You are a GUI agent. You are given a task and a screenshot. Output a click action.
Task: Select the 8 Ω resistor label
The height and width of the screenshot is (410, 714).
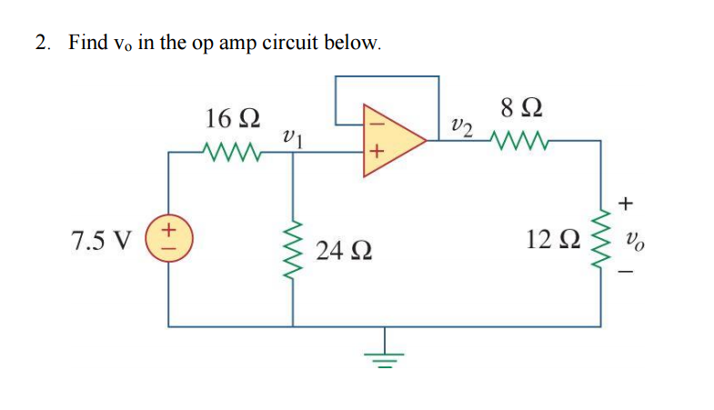point(521,109)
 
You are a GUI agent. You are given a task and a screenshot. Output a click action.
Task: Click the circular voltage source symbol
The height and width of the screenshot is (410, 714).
point(167,241)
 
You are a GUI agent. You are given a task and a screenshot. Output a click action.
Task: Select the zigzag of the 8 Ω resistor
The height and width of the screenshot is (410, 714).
point(521,141)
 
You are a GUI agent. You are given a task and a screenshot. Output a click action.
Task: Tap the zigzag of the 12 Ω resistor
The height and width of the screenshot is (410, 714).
point(600,241)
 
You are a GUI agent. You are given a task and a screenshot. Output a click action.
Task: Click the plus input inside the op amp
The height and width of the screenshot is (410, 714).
point(376,150)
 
